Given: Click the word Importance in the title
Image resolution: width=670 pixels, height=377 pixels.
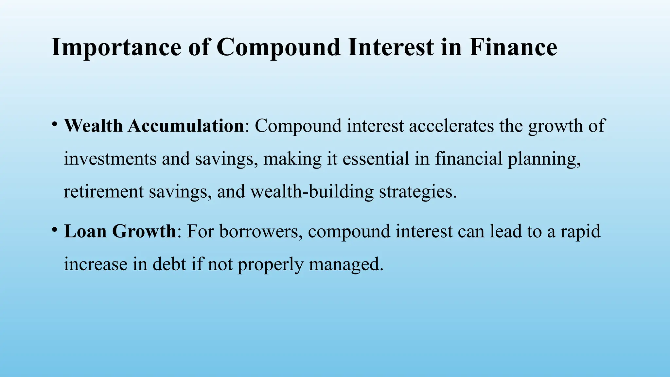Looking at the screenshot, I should (116, 47).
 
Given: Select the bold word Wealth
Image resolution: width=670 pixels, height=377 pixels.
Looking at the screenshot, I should (93, 126).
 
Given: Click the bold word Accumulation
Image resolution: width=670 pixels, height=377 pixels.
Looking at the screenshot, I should (186, 126).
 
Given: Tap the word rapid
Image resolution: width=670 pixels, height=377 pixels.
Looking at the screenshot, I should (581, 232).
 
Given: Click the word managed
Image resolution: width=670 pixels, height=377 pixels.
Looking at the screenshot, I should (346, 264).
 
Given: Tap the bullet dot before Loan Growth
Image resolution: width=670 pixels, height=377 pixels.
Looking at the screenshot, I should (54, 230).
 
